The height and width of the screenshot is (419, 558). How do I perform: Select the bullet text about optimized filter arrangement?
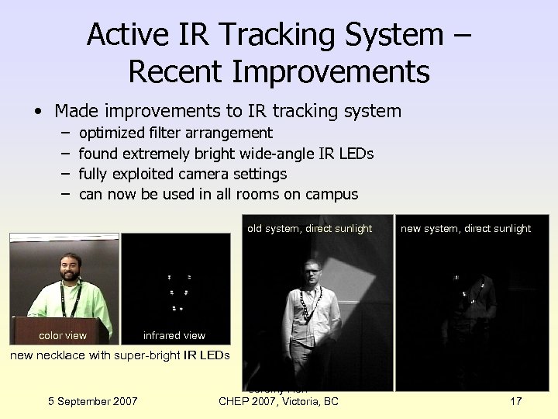(176, 133)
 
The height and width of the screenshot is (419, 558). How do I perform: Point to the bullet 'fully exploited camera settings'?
(183, 174)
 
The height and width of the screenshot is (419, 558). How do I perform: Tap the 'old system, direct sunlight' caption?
(310, 228)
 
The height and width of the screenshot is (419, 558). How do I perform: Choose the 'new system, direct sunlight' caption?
(466, 228)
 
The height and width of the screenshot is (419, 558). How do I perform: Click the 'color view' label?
(63, 335)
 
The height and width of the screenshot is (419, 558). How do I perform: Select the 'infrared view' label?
(174, 335)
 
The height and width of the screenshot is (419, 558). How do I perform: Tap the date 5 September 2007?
(93, 400)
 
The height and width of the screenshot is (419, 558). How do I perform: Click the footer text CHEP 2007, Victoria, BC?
(279, 400)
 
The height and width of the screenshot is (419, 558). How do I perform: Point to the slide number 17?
(516, 400)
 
